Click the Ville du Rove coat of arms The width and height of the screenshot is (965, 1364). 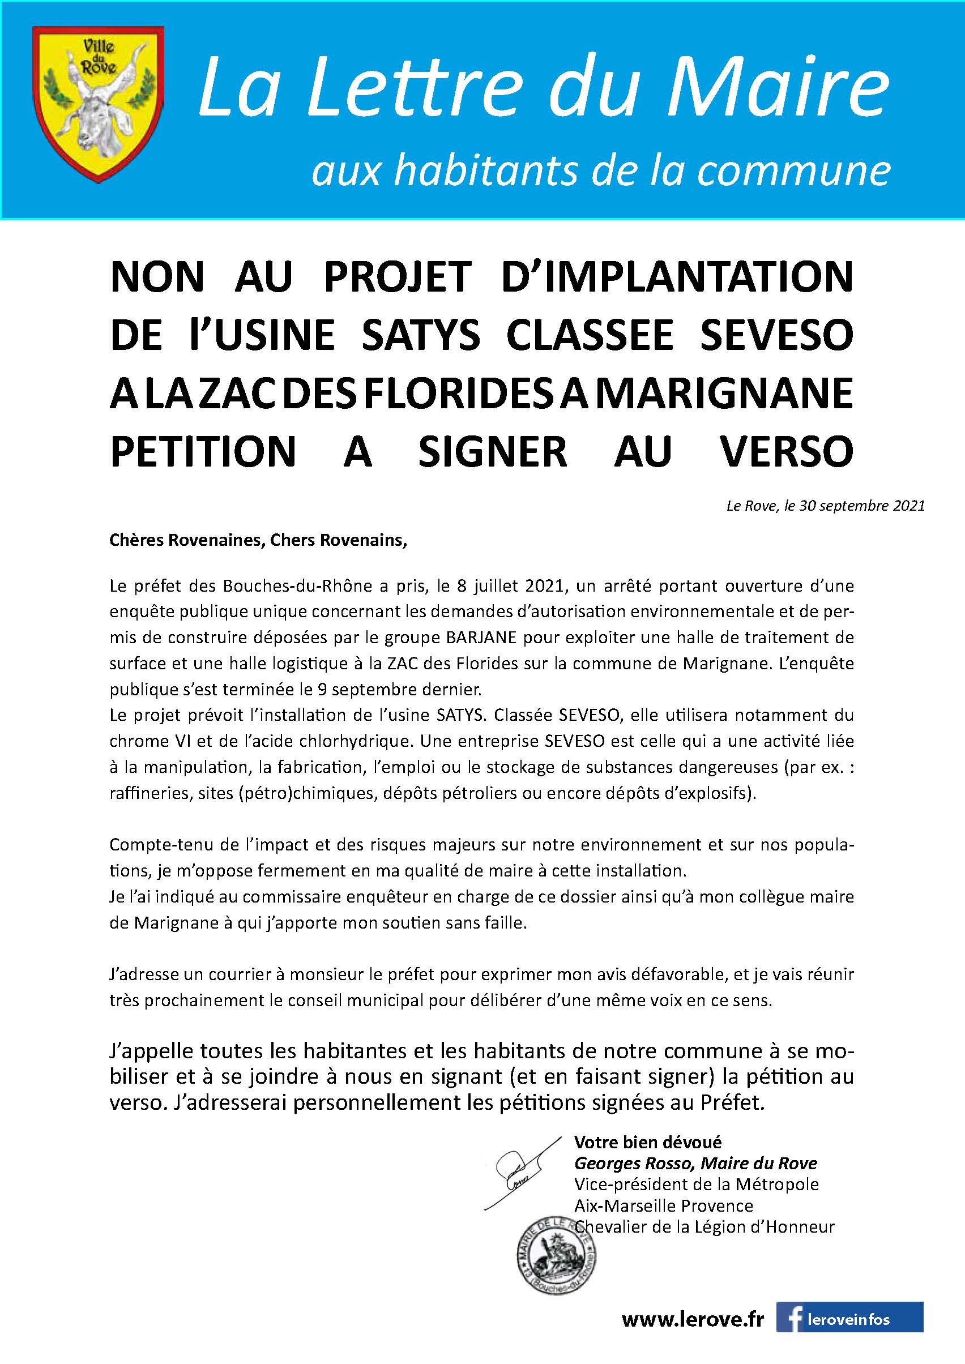click(x=98, y=105)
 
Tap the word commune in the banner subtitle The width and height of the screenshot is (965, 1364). click(x=794, y=172)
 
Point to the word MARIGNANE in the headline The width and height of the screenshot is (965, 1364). click(x=724, y=394)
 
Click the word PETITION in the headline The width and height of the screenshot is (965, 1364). click(x=203, y=451)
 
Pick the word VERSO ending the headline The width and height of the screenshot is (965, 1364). click(x=787, y=451)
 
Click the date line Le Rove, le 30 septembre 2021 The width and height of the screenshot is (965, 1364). click(x=825, y=506)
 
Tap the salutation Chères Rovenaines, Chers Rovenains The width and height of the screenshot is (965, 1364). click(x=258, y=540)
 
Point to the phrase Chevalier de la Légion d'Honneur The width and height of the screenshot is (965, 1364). click(x=704, y=1227)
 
